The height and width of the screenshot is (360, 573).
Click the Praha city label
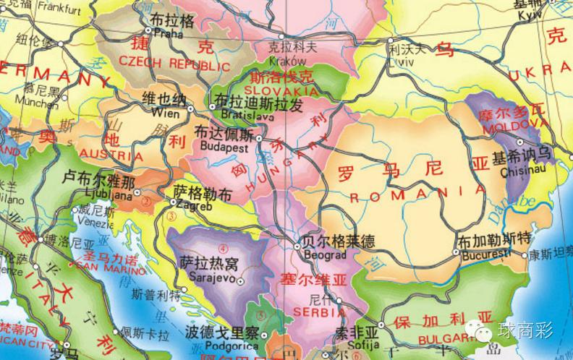[167, 34]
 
